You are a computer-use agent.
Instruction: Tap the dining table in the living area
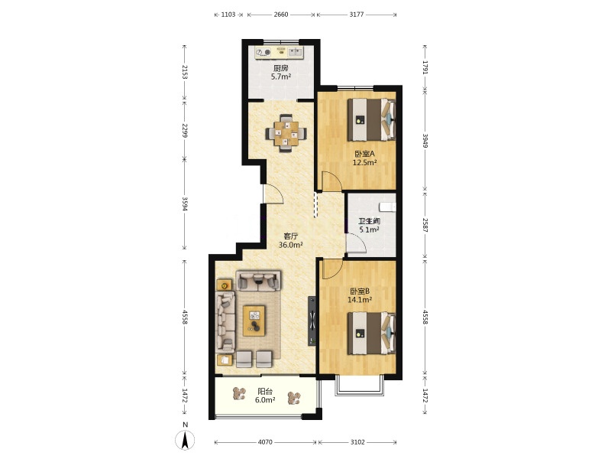coord(286,133)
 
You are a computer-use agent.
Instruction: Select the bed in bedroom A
coord(371,119)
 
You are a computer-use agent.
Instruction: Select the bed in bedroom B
coord(371,333)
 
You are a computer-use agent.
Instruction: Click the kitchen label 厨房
coord(280,68)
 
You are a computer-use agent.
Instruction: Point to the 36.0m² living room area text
coord(291,245)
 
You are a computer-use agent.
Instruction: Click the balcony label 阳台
coord(265,392)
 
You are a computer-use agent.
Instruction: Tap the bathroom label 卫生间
coord(369,221)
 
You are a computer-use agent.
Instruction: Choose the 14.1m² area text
coord(359,300)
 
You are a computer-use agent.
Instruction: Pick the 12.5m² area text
coord(364,162)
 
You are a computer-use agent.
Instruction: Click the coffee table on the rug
coord(254,321)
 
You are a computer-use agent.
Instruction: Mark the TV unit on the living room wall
coord(312,321)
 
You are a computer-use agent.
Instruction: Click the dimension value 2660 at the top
coord(280,15)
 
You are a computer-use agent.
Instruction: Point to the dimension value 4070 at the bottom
coord(265,442)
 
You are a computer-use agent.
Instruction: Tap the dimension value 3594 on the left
coord(185,203)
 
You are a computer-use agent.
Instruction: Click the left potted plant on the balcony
coord(239,393)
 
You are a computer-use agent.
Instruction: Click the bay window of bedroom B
coord(359,386)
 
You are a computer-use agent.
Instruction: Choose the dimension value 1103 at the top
coord(228,15)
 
